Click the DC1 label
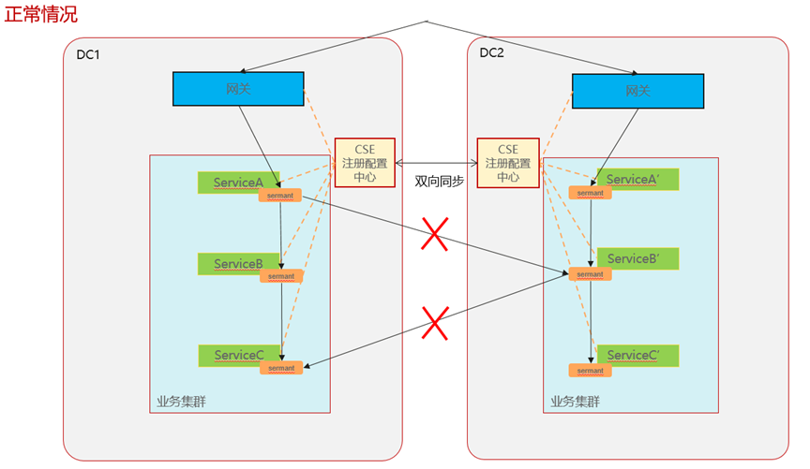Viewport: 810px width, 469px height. (x=88, y=56)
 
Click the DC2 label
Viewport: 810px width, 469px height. (x=491, y=53)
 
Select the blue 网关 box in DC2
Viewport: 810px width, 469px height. (x=637, y=92)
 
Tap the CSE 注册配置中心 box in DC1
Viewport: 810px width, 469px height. (x=365, y=162)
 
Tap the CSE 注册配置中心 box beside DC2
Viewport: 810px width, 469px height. (x=508, y=163)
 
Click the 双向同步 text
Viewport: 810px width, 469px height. (x=439, y=182)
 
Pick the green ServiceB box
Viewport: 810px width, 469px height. (x=238, y=264)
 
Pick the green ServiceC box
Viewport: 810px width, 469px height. (x=238, y=355)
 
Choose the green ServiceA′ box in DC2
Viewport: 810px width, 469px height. (x=637, y=180)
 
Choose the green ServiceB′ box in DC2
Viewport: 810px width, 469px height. (x=637, y=258)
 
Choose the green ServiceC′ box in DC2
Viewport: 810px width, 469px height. (x=637, y=356)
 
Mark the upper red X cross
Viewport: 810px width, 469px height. (x=433, y=234)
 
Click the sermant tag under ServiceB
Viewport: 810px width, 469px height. (x=281, y=276)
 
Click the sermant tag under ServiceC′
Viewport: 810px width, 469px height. (x=591, y=370)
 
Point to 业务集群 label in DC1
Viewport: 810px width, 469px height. (x=182, y=402)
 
